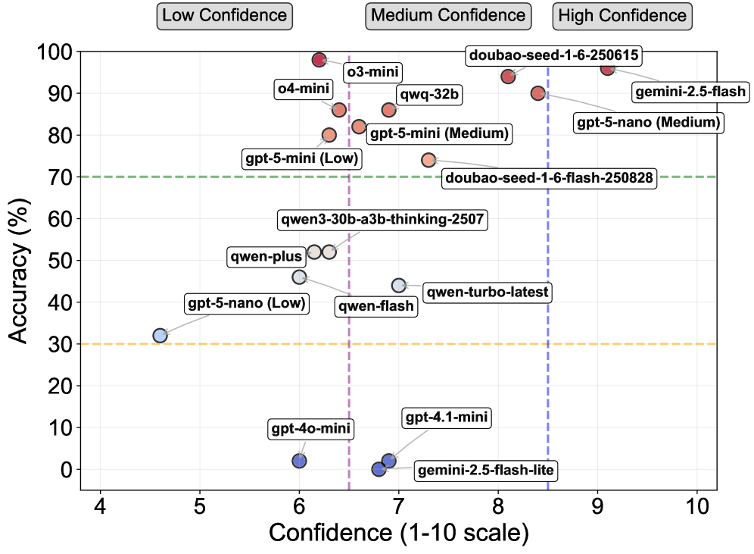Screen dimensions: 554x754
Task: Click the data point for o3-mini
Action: pos(319,60)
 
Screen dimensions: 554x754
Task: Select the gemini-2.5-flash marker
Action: pos(607,68)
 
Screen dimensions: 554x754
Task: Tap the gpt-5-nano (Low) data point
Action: pos(160,336)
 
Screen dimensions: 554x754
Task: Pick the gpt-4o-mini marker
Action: pos(299,461)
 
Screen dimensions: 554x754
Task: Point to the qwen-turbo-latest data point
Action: pos(399,286)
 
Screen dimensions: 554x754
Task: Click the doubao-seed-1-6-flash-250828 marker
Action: pos(428,161)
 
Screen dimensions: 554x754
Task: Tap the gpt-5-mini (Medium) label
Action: pos(438,134)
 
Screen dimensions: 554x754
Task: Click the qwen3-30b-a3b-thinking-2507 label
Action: pos(382,221)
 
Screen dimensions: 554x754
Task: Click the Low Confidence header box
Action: pos(224,15)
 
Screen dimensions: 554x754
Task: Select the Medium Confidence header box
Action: pos(448,15)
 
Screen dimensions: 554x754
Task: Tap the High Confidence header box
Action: pos(621,15)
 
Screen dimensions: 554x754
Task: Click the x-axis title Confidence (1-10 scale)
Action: pos(398,534)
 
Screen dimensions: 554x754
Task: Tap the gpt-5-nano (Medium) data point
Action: pos(538,93)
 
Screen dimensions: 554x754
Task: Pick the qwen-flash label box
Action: pos(376,306)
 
